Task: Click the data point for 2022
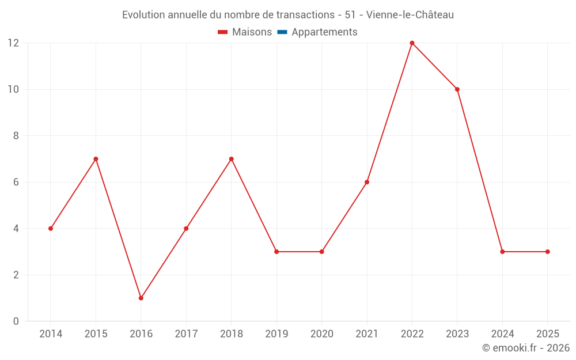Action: click(x=412, y=43)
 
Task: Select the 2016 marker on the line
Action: click(x=141, y=298)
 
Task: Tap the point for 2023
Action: click(x=457, y=89)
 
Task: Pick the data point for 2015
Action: click(x=96, y=159)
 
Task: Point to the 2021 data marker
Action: click(x=367, y=182)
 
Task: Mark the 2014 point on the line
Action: click(x=51, y=229)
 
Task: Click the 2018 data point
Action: click(x=232, y=159)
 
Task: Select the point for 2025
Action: click(x=548, y=252)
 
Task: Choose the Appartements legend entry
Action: click(x=324, y=32)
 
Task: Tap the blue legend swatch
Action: click(x=282, y=32)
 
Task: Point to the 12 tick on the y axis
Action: click(x=13, y=43)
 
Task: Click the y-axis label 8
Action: click(x=16, y=136)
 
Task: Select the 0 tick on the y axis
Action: click(x=16, y=321)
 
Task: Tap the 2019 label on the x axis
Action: click(x=276, y=334)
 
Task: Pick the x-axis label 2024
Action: click(x=502, y=334)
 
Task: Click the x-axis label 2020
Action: click(x=321, y=334)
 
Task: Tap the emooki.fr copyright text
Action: click(x=526, y=348)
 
